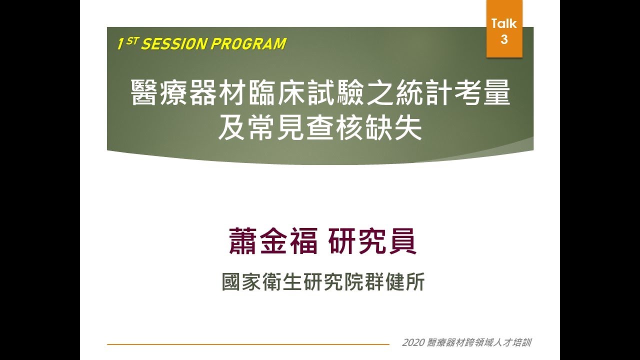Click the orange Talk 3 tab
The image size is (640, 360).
[x=504, y=29]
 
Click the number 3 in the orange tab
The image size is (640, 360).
[x=504, y=39]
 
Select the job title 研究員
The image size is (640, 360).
[x=372, y=242]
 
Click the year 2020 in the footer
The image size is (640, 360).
[x=412, y=343]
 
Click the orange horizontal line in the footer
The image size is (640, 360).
[x=247, y=344]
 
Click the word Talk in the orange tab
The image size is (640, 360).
[x=504, y=23]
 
